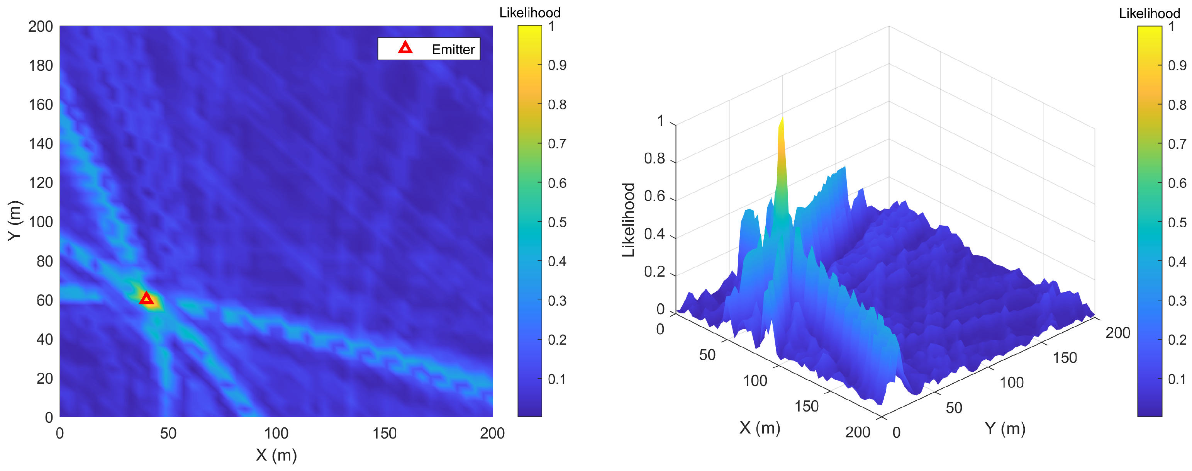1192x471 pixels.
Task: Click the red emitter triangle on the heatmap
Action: pos(146,299)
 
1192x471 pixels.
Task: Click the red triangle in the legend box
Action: pos(405,48)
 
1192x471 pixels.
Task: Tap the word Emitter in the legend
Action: pos(453,49)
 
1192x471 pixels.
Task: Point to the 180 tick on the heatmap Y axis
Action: pos(41,66)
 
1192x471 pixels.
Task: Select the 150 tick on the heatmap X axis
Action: pos(384,434)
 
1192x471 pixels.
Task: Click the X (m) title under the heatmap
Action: pos(276,455)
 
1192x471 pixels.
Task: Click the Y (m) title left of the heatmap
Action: pos(15,221)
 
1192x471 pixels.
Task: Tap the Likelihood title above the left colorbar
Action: pos(529,12)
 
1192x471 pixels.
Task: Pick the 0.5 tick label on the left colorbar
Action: pos(557,222)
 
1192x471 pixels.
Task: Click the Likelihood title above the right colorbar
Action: pos(1150,14)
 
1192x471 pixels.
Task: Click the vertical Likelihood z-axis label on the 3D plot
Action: pos(628,220)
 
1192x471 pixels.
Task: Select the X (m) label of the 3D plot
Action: pos(760,427)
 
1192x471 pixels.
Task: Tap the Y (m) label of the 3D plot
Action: pos(1005,428)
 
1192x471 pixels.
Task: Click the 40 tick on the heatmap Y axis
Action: pos(44,340)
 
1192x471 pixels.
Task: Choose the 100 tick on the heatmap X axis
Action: pos(276,434)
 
